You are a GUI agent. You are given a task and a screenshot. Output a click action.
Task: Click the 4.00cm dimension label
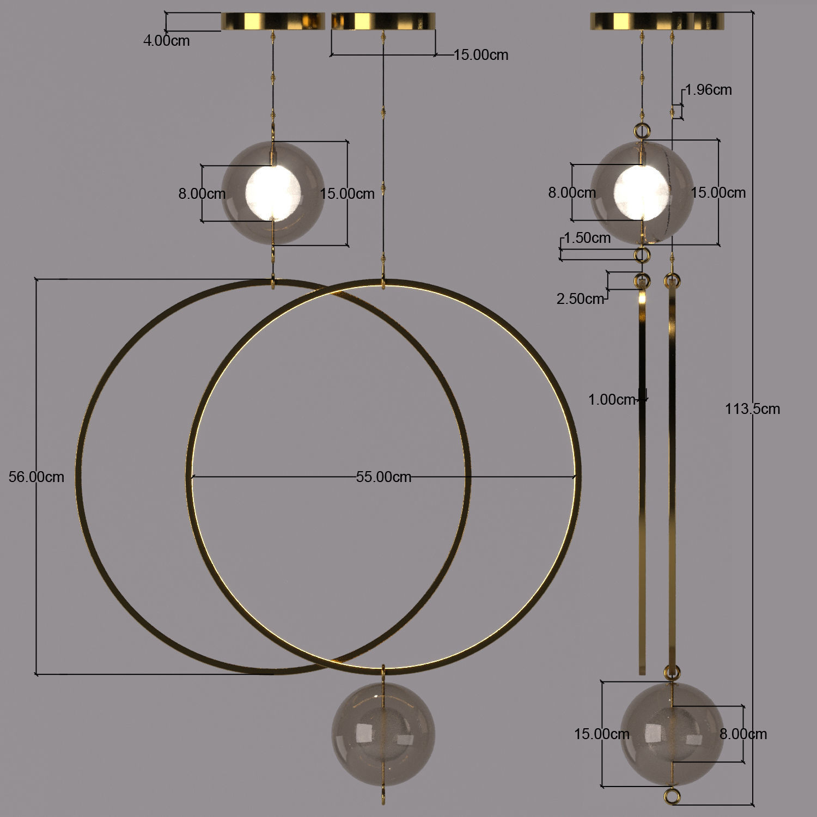pyautogui.click(x=166, y=41)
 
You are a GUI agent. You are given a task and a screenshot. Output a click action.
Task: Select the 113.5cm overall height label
pyautogui.click(x=752, y=409)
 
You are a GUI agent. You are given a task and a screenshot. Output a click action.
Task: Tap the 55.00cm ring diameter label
pyautogui.click(x=383, y=477)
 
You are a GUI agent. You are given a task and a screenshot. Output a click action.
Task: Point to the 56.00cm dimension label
pyautogui.click(x=36, y=477)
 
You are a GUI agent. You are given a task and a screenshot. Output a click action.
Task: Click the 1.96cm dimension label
pyautogui.click(x=708, y=90)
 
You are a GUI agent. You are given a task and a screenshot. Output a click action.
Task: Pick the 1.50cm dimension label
pyautogui.click(x=587, y=238)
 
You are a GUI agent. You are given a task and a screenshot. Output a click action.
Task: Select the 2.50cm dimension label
pyautogui.click(x=580, y=298)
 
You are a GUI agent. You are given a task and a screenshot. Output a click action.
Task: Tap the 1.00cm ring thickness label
pyautogui.click(x=612, y=400)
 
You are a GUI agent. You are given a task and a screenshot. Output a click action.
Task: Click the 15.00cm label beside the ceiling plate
pyautogui.click(x=480, y=55)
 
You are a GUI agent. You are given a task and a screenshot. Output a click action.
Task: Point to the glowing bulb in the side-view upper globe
pyautogui.click(x=641, y=192)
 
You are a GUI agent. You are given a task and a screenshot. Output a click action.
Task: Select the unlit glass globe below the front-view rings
pyautogui.click(x=383, y=734)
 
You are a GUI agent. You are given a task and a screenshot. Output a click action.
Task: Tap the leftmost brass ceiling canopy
pyautogui.click(x=273, y=21)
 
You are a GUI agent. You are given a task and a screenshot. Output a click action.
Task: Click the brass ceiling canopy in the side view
pyautogui.click(x=657, y=21)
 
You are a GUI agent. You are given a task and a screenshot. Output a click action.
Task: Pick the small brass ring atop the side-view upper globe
pyautogui.click(x=642, y=130)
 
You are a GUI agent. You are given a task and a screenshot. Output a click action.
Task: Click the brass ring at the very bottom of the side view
pyautogui.click(x=673, y=796)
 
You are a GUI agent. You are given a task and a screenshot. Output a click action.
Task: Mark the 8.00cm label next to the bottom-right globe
pyautogui.click(x=743, y=734)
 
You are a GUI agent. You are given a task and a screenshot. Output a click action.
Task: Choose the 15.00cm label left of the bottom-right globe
pyautogui.click(x=601, y=734)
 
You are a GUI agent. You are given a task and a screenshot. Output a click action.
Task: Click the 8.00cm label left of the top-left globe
pyautogui.click(x=202, y=193)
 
